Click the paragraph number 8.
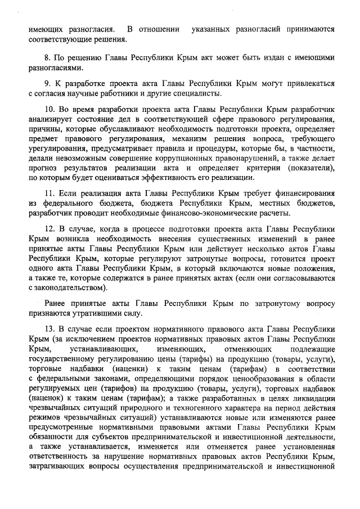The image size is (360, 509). pyautogui.click(x=47, y=58)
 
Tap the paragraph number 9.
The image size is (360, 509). pyautogui.click(x=47, y=83)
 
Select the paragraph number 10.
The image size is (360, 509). pyautogui.click(x=49, y=109)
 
